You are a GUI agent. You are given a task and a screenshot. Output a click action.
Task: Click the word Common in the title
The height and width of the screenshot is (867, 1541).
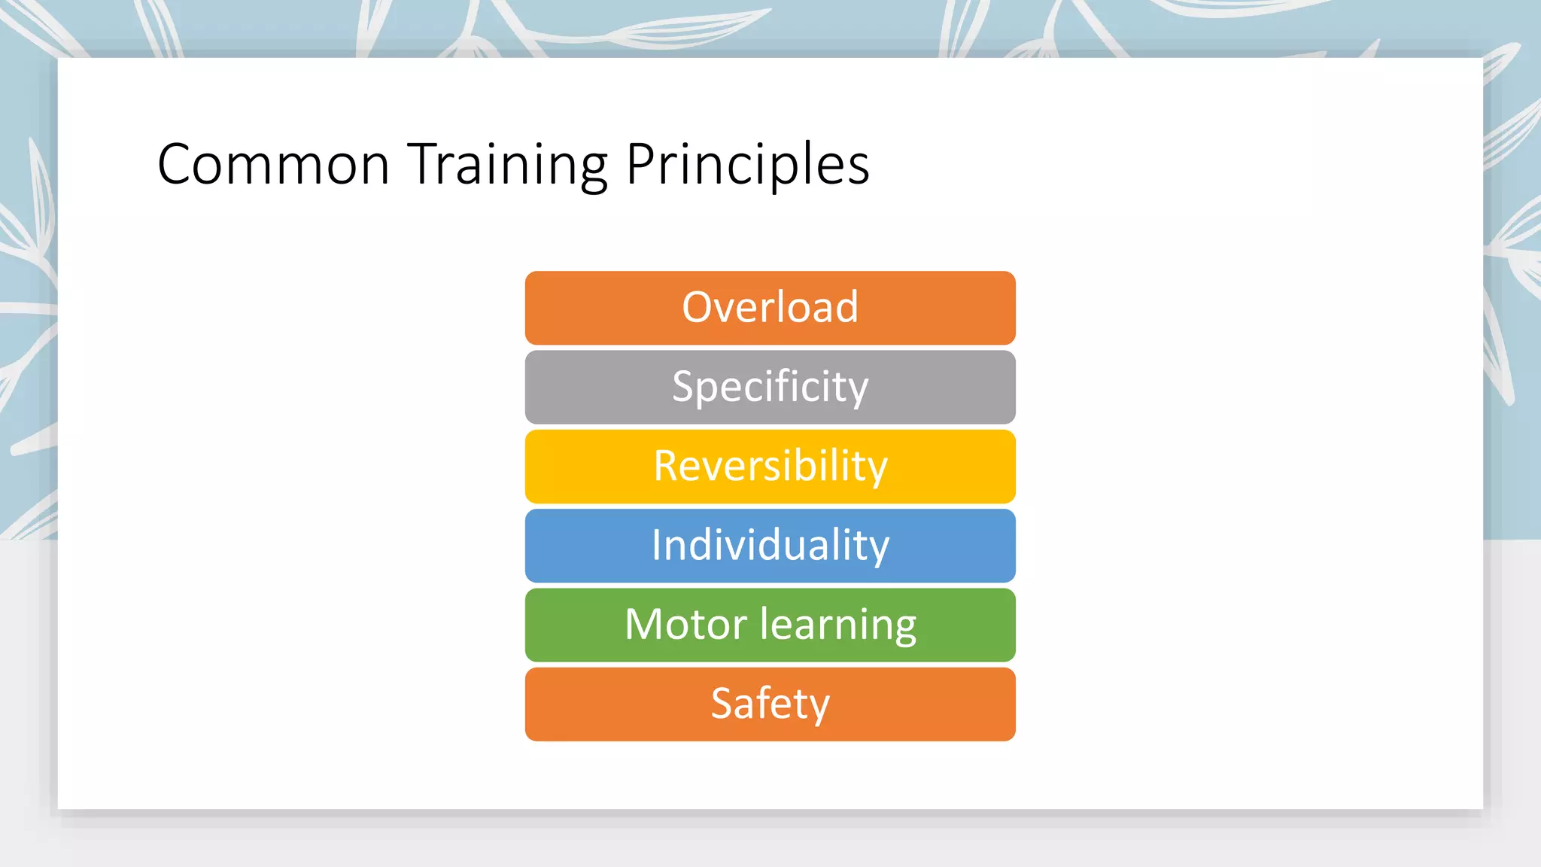(x=272, y=164)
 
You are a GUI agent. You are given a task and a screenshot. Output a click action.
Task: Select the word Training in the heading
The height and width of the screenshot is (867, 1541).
(x=508, y=166)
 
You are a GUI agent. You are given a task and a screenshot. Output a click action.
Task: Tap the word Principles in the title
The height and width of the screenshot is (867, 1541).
(x=747, y=166)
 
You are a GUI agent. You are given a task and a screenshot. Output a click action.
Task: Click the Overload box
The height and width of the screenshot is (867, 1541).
(x=770, y=308)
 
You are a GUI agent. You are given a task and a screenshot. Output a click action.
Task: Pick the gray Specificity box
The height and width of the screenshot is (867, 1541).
(x=770, y=388)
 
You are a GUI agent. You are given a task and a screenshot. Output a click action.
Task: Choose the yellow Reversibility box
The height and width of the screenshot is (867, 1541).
(x=770, y=467)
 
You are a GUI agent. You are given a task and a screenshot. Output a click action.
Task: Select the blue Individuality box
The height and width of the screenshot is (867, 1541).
(x=770, y=546)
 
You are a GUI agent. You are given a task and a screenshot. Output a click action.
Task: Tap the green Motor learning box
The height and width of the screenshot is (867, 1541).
(x=770, y=625)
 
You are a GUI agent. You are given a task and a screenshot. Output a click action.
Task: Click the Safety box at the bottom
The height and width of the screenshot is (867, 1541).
(x=770, y=704)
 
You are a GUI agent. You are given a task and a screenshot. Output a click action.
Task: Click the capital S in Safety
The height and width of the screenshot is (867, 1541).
(x=722, y=704)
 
